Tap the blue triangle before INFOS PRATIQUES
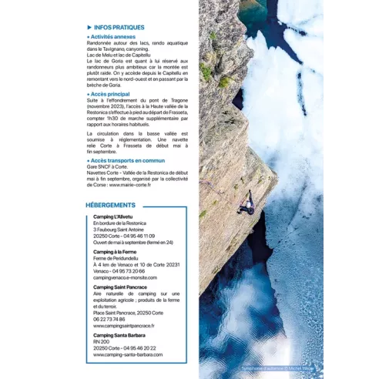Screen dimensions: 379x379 (x=89, y=27)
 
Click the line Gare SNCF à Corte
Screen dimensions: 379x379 (x=108, y=166)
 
